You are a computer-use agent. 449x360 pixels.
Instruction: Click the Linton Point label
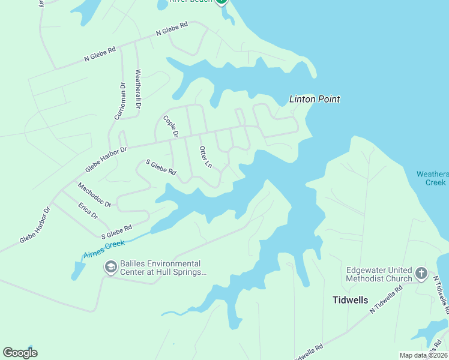pyautogui.click(x=315, y=99)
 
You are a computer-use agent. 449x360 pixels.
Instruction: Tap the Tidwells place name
pyautogui.click(x=351, y=299)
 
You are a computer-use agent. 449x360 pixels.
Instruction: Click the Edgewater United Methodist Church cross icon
pyautogui.click(x=421, y=274)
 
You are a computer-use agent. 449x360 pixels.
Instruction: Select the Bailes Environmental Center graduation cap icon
pyautogui.click(x=110, y=267)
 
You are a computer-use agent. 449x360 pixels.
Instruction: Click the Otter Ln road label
pyautogui.click(x=205, y=157)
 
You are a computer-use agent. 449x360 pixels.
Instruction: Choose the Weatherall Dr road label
pyautogui.click(x=138, y=89)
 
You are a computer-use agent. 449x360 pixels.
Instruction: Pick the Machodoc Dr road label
pyautogui.click(x=95, y=195)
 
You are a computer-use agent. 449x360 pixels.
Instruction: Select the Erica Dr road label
pyautogui.click(x=88, y=211)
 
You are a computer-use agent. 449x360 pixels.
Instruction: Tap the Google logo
pyautogui.click(x=20, y=352)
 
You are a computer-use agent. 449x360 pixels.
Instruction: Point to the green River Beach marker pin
pyautogui.click(x=221, y=2)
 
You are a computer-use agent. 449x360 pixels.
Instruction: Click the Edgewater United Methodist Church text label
pyautogui.click(x=379, y=274)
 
